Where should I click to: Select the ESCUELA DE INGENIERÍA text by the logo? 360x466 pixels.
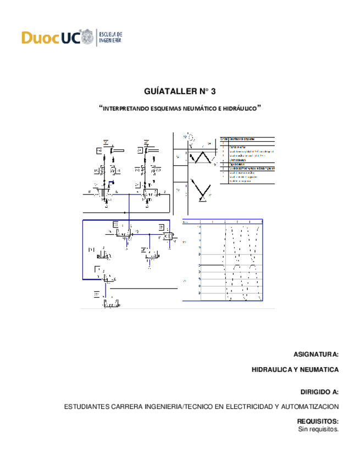pos(110,37)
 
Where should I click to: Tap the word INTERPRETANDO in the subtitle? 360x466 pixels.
pos(125,109)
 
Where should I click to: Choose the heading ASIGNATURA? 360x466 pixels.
pos(316,354)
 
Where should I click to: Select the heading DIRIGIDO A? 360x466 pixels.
pos(319,392)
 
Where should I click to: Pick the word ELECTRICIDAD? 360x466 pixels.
pos(247,407)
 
